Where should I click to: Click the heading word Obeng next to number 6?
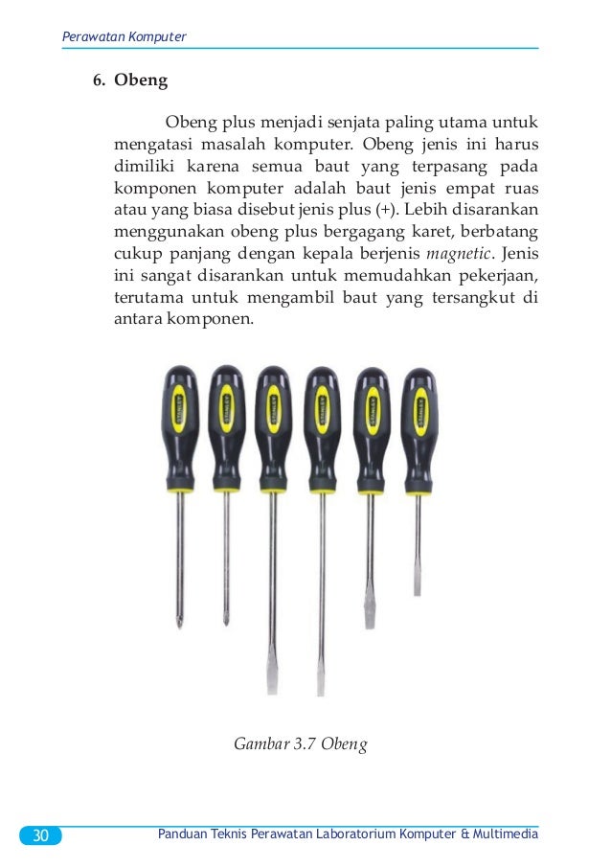coord(141,80)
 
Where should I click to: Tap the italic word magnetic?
coord(459,254)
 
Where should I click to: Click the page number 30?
coord(40,836)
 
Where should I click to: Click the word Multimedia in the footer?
coord(505,835)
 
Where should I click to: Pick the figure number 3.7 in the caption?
coord(300,743)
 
